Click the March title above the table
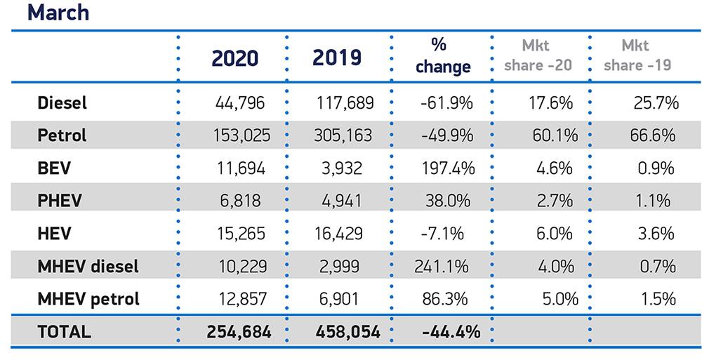tap(59, 13)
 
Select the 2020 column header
tap(235, 58)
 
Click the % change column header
tap(442, 57)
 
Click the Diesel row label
tap(62, 103)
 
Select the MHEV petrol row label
tap(88, 298)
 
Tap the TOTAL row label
tap(64, 331)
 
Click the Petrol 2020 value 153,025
tap(241, 135)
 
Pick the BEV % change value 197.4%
tap(444, 168)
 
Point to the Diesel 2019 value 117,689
tap(345, 103)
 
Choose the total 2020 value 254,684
tap(239, 331)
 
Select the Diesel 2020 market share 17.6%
tap(552, 103)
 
